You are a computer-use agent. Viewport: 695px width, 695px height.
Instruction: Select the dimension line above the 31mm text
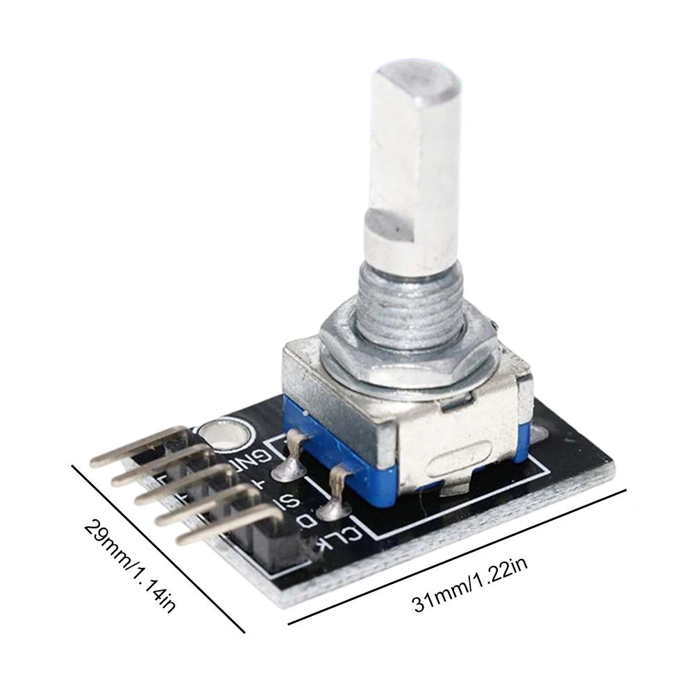[x=458, y=555]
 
